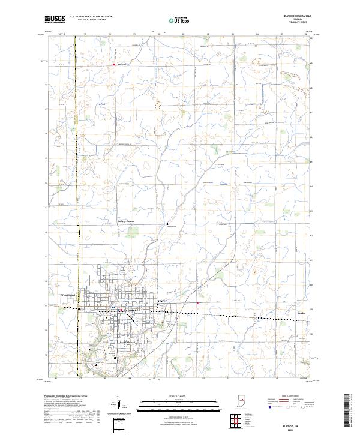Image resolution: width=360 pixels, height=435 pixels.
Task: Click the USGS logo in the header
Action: [55, 19]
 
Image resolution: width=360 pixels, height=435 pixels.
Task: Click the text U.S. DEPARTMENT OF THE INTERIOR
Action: [91, 17]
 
